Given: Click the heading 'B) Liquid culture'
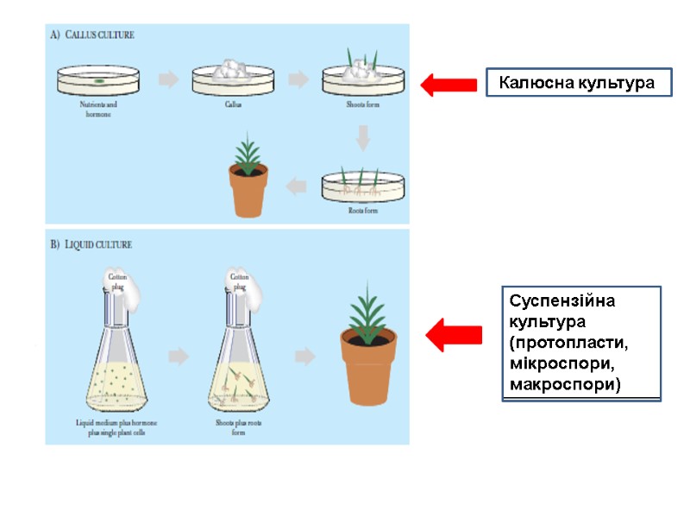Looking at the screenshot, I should tap(91, 244).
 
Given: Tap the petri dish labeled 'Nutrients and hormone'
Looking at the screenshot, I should tap(100, 80).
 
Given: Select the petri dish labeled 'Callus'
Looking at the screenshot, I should tap(233, 78).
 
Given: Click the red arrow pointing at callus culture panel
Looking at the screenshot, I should tap(448, 85).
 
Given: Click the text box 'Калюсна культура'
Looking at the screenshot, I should tap(579, 83).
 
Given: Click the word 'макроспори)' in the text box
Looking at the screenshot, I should tap(564, 382).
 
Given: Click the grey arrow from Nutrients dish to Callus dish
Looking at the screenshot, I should tap(169, 79).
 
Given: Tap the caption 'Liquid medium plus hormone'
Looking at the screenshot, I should tap(117, 423).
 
